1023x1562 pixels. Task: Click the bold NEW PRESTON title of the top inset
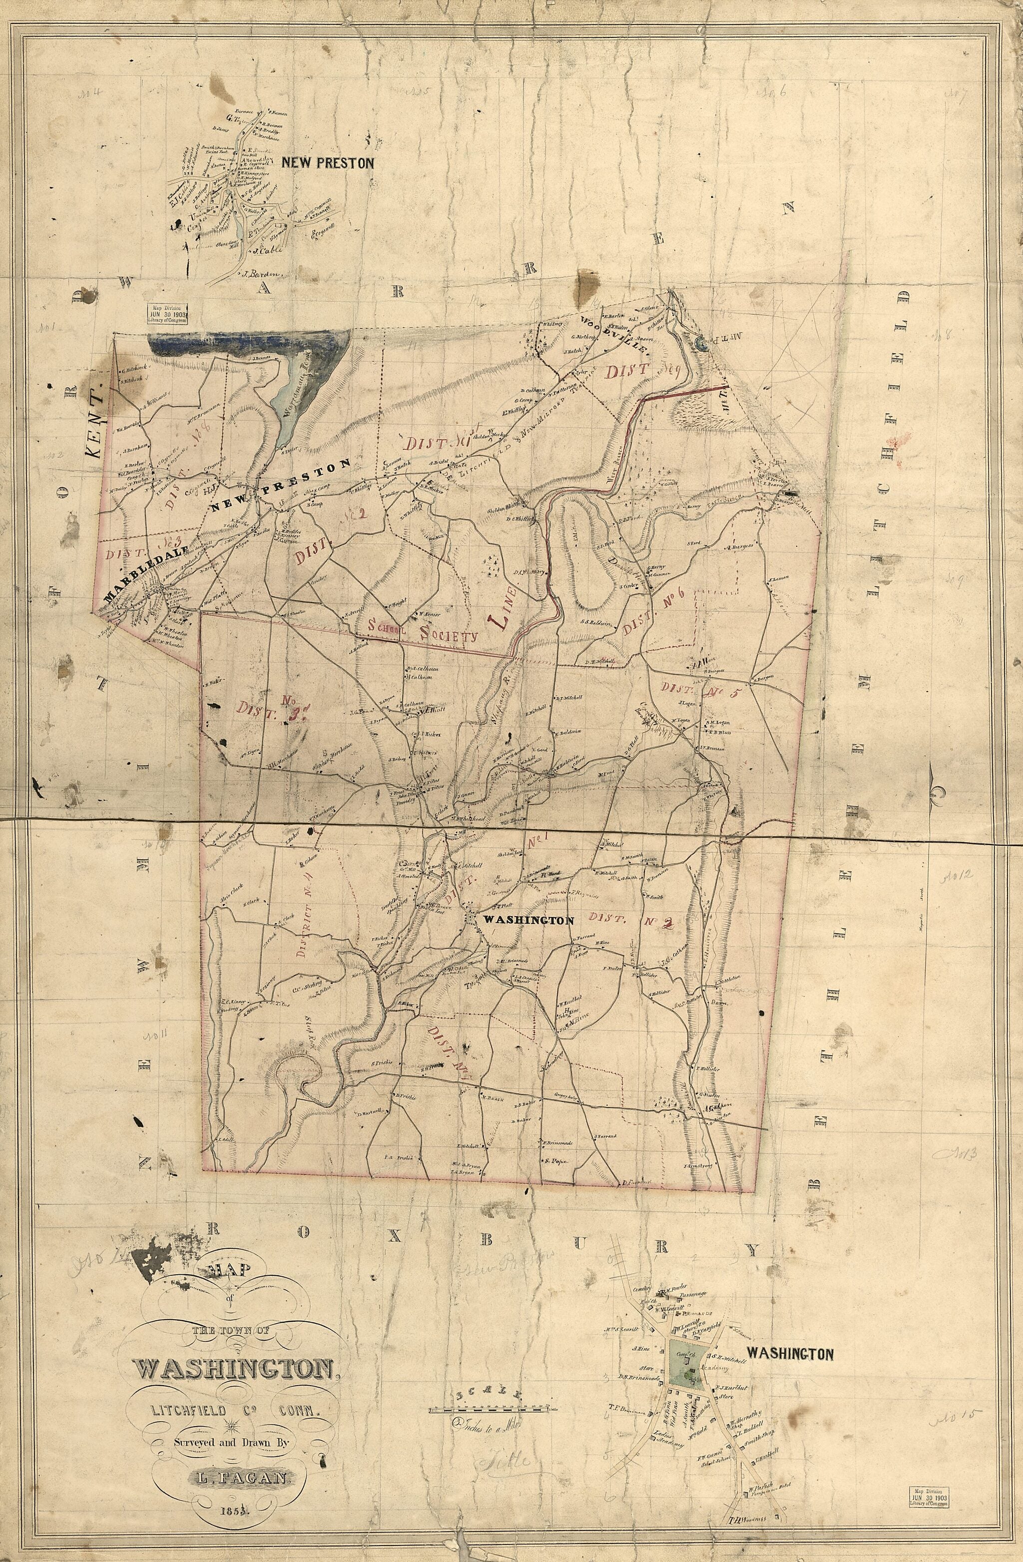pos(328,163)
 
